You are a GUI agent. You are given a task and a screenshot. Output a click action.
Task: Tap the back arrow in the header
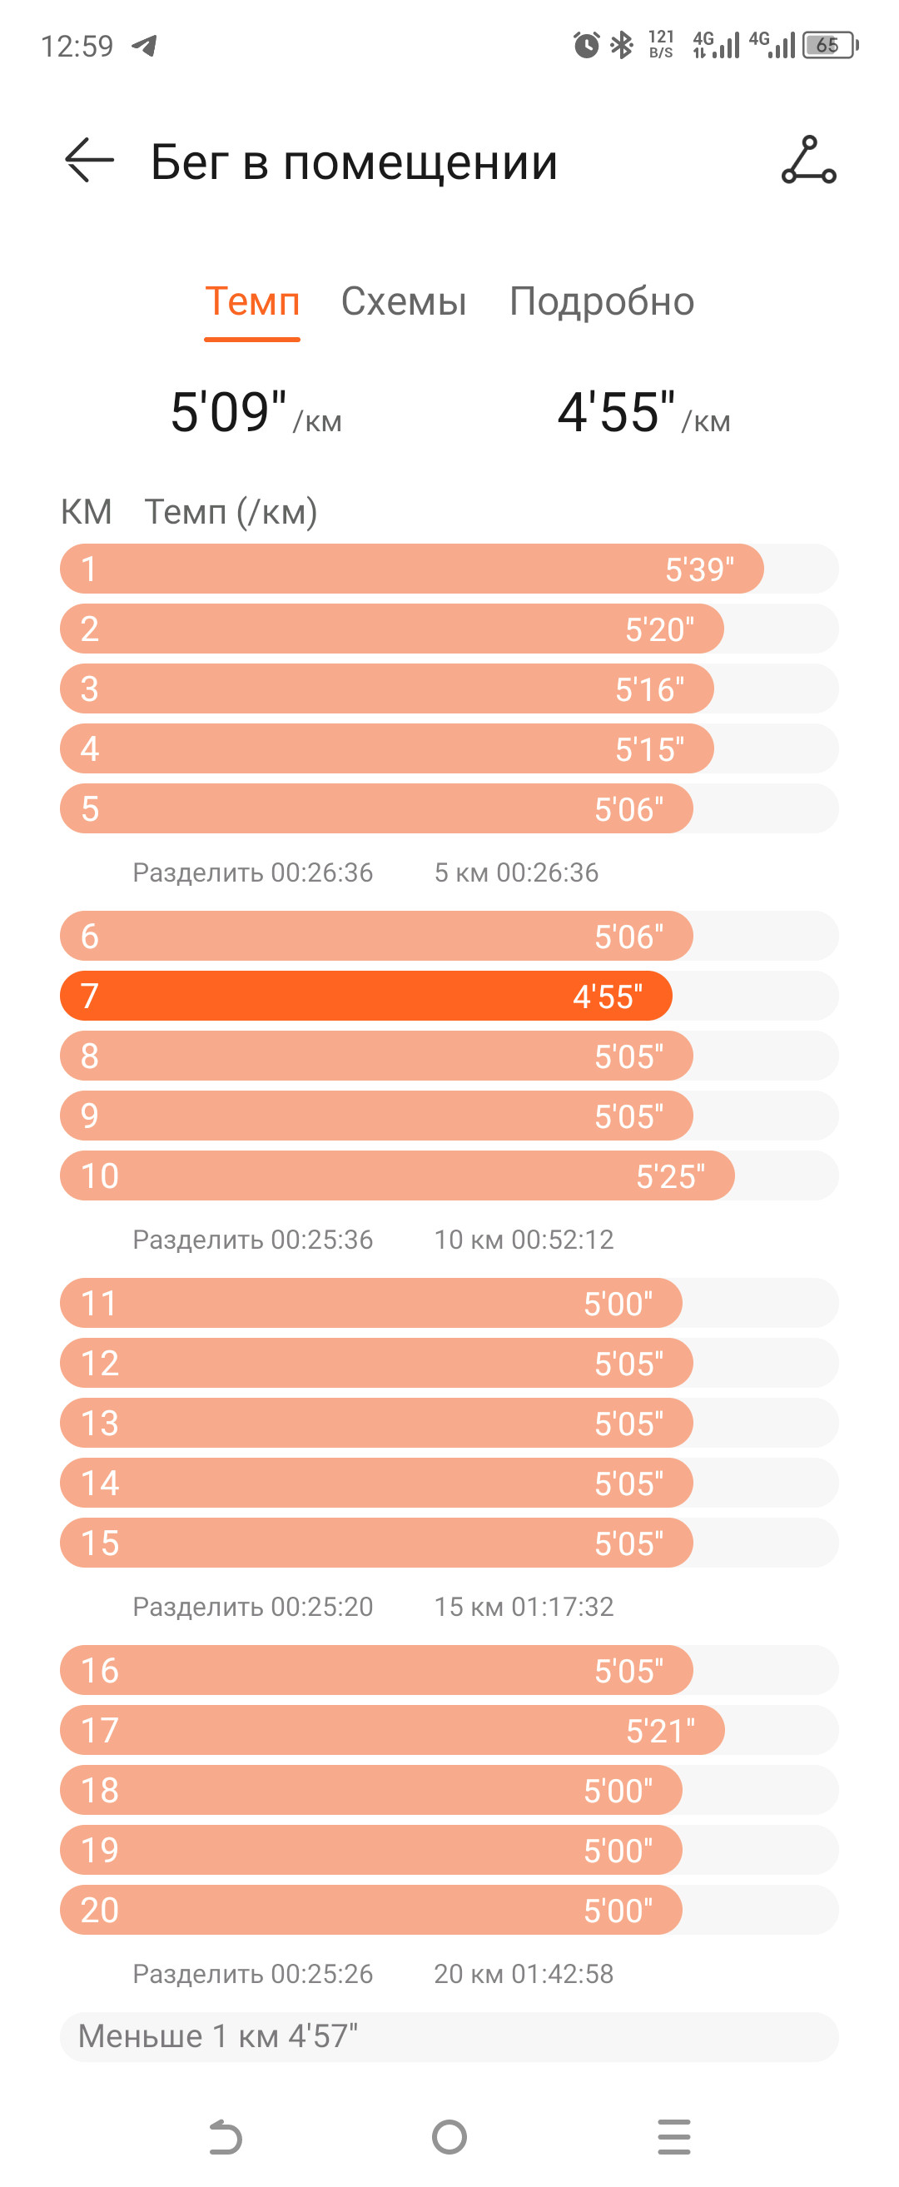[89, 160]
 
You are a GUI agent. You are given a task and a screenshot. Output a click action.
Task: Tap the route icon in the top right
[808, 160]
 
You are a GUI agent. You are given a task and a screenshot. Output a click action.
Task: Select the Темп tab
[252, 301]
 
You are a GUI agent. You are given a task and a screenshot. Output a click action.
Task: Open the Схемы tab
[403, 301]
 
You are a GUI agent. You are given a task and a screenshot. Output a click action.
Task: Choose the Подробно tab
[602, 301]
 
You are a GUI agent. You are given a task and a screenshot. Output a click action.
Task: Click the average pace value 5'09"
[228, 412]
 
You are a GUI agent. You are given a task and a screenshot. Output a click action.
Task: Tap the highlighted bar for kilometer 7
[366, 996]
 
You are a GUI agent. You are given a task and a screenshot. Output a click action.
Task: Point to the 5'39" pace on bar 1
[699, 569]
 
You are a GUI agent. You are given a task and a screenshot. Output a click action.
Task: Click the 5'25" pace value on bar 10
[671, 1176]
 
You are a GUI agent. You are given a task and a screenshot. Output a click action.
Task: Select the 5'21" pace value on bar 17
[660, 1731]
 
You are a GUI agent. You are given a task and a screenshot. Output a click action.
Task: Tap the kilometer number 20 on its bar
[99, 1911]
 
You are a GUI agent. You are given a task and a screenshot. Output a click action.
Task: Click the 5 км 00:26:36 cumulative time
[516, 872]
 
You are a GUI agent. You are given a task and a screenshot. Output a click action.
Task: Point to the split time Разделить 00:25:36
[253, 1240]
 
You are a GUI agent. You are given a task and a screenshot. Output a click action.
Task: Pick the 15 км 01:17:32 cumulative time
[524, 1607]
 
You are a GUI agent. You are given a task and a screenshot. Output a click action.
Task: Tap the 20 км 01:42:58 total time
[524, 1974]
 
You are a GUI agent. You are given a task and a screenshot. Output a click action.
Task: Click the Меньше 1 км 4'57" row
[449, 2036]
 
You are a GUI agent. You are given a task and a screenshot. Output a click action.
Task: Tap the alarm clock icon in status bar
[586, 44]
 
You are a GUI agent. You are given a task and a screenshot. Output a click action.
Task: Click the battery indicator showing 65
[830, 45]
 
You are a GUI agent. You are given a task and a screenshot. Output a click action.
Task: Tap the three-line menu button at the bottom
[674, 2137]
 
